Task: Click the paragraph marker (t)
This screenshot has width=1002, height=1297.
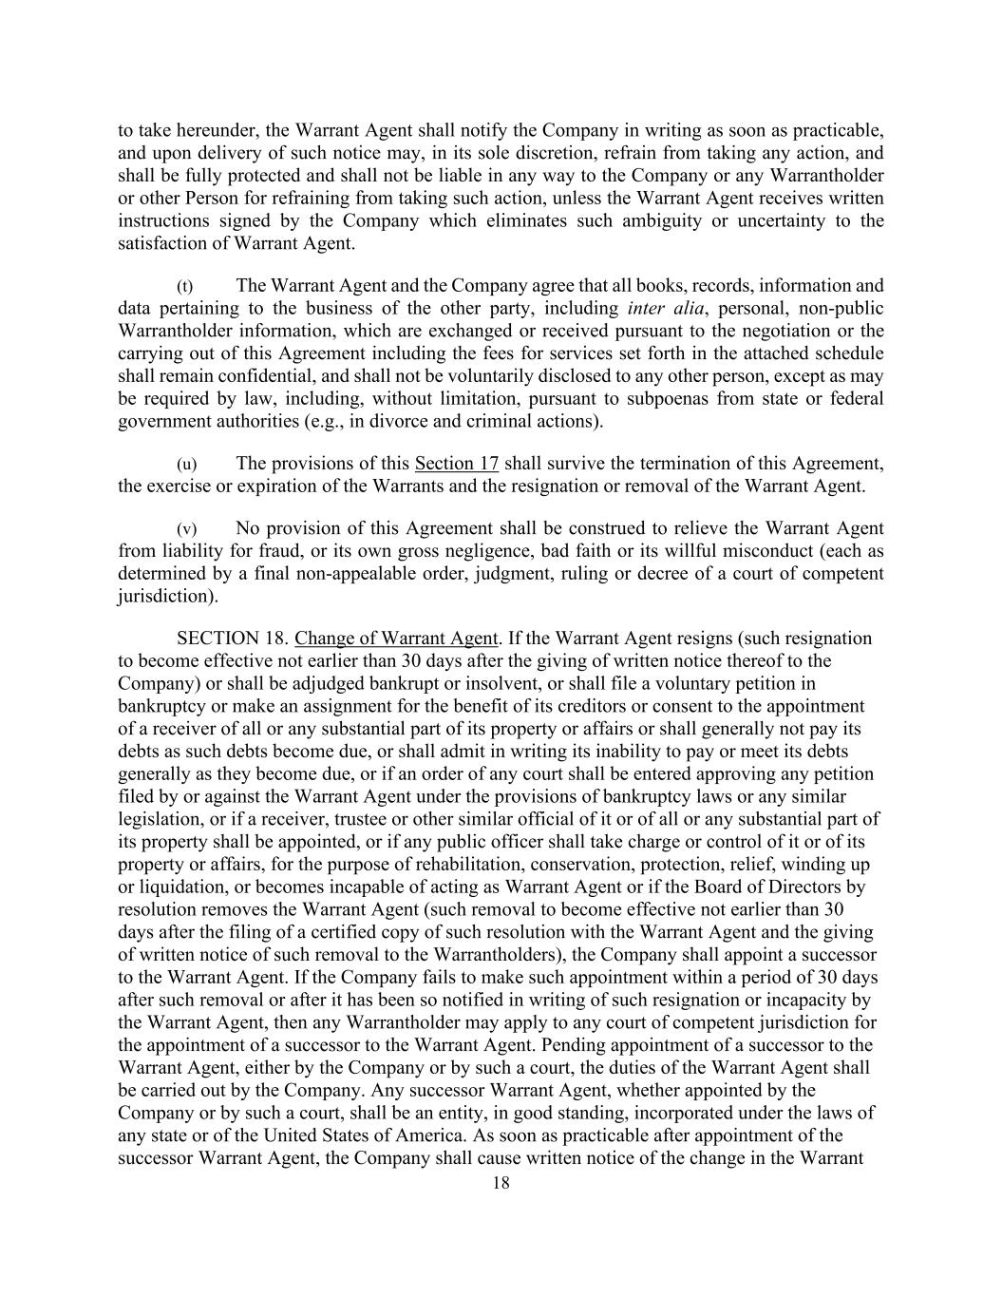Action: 185,286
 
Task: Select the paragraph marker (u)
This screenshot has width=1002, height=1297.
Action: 186,465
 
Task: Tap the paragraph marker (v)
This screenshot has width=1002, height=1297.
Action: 186,529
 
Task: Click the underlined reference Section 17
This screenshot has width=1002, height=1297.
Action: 457,464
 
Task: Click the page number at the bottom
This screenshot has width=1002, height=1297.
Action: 501,1183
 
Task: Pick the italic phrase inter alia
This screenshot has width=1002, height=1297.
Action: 661,309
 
